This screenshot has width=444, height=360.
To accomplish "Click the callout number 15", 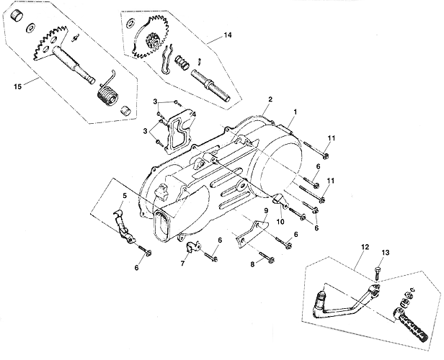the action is coord(17,86).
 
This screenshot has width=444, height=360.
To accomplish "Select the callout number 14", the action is coord(227,35).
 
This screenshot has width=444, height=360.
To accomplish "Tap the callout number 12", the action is coord(365,247).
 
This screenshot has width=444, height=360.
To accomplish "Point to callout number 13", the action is coord(386,252).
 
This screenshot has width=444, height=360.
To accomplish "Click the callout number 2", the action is coord(270,99).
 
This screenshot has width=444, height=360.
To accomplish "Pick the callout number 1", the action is coord(296,112).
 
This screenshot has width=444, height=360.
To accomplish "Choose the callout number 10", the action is coord(280,222).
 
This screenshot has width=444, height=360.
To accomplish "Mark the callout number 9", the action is coord(266,211).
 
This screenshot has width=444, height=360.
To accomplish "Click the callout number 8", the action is coord(252,264).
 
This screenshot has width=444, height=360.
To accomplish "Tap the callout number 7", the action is coord(182,264).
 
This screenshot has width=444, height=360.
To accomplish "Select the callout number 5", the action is coord(125,195).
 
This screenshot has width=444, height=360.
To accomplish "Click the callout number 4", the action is coord(194,114).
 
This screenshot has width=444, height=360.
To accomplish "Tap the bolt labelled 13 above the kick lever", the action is coord(377,273).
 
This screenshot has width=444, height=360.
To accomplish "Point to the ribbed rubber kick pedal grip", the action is coord(410,325).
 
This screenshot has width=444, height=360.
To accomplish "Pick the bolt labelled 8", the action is coord(267,257).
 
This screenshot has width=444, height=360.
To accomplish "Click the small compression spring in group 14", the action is coord(182,62).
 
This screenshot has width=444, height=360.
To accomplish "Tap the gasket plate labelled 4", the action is coord(179,132).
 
